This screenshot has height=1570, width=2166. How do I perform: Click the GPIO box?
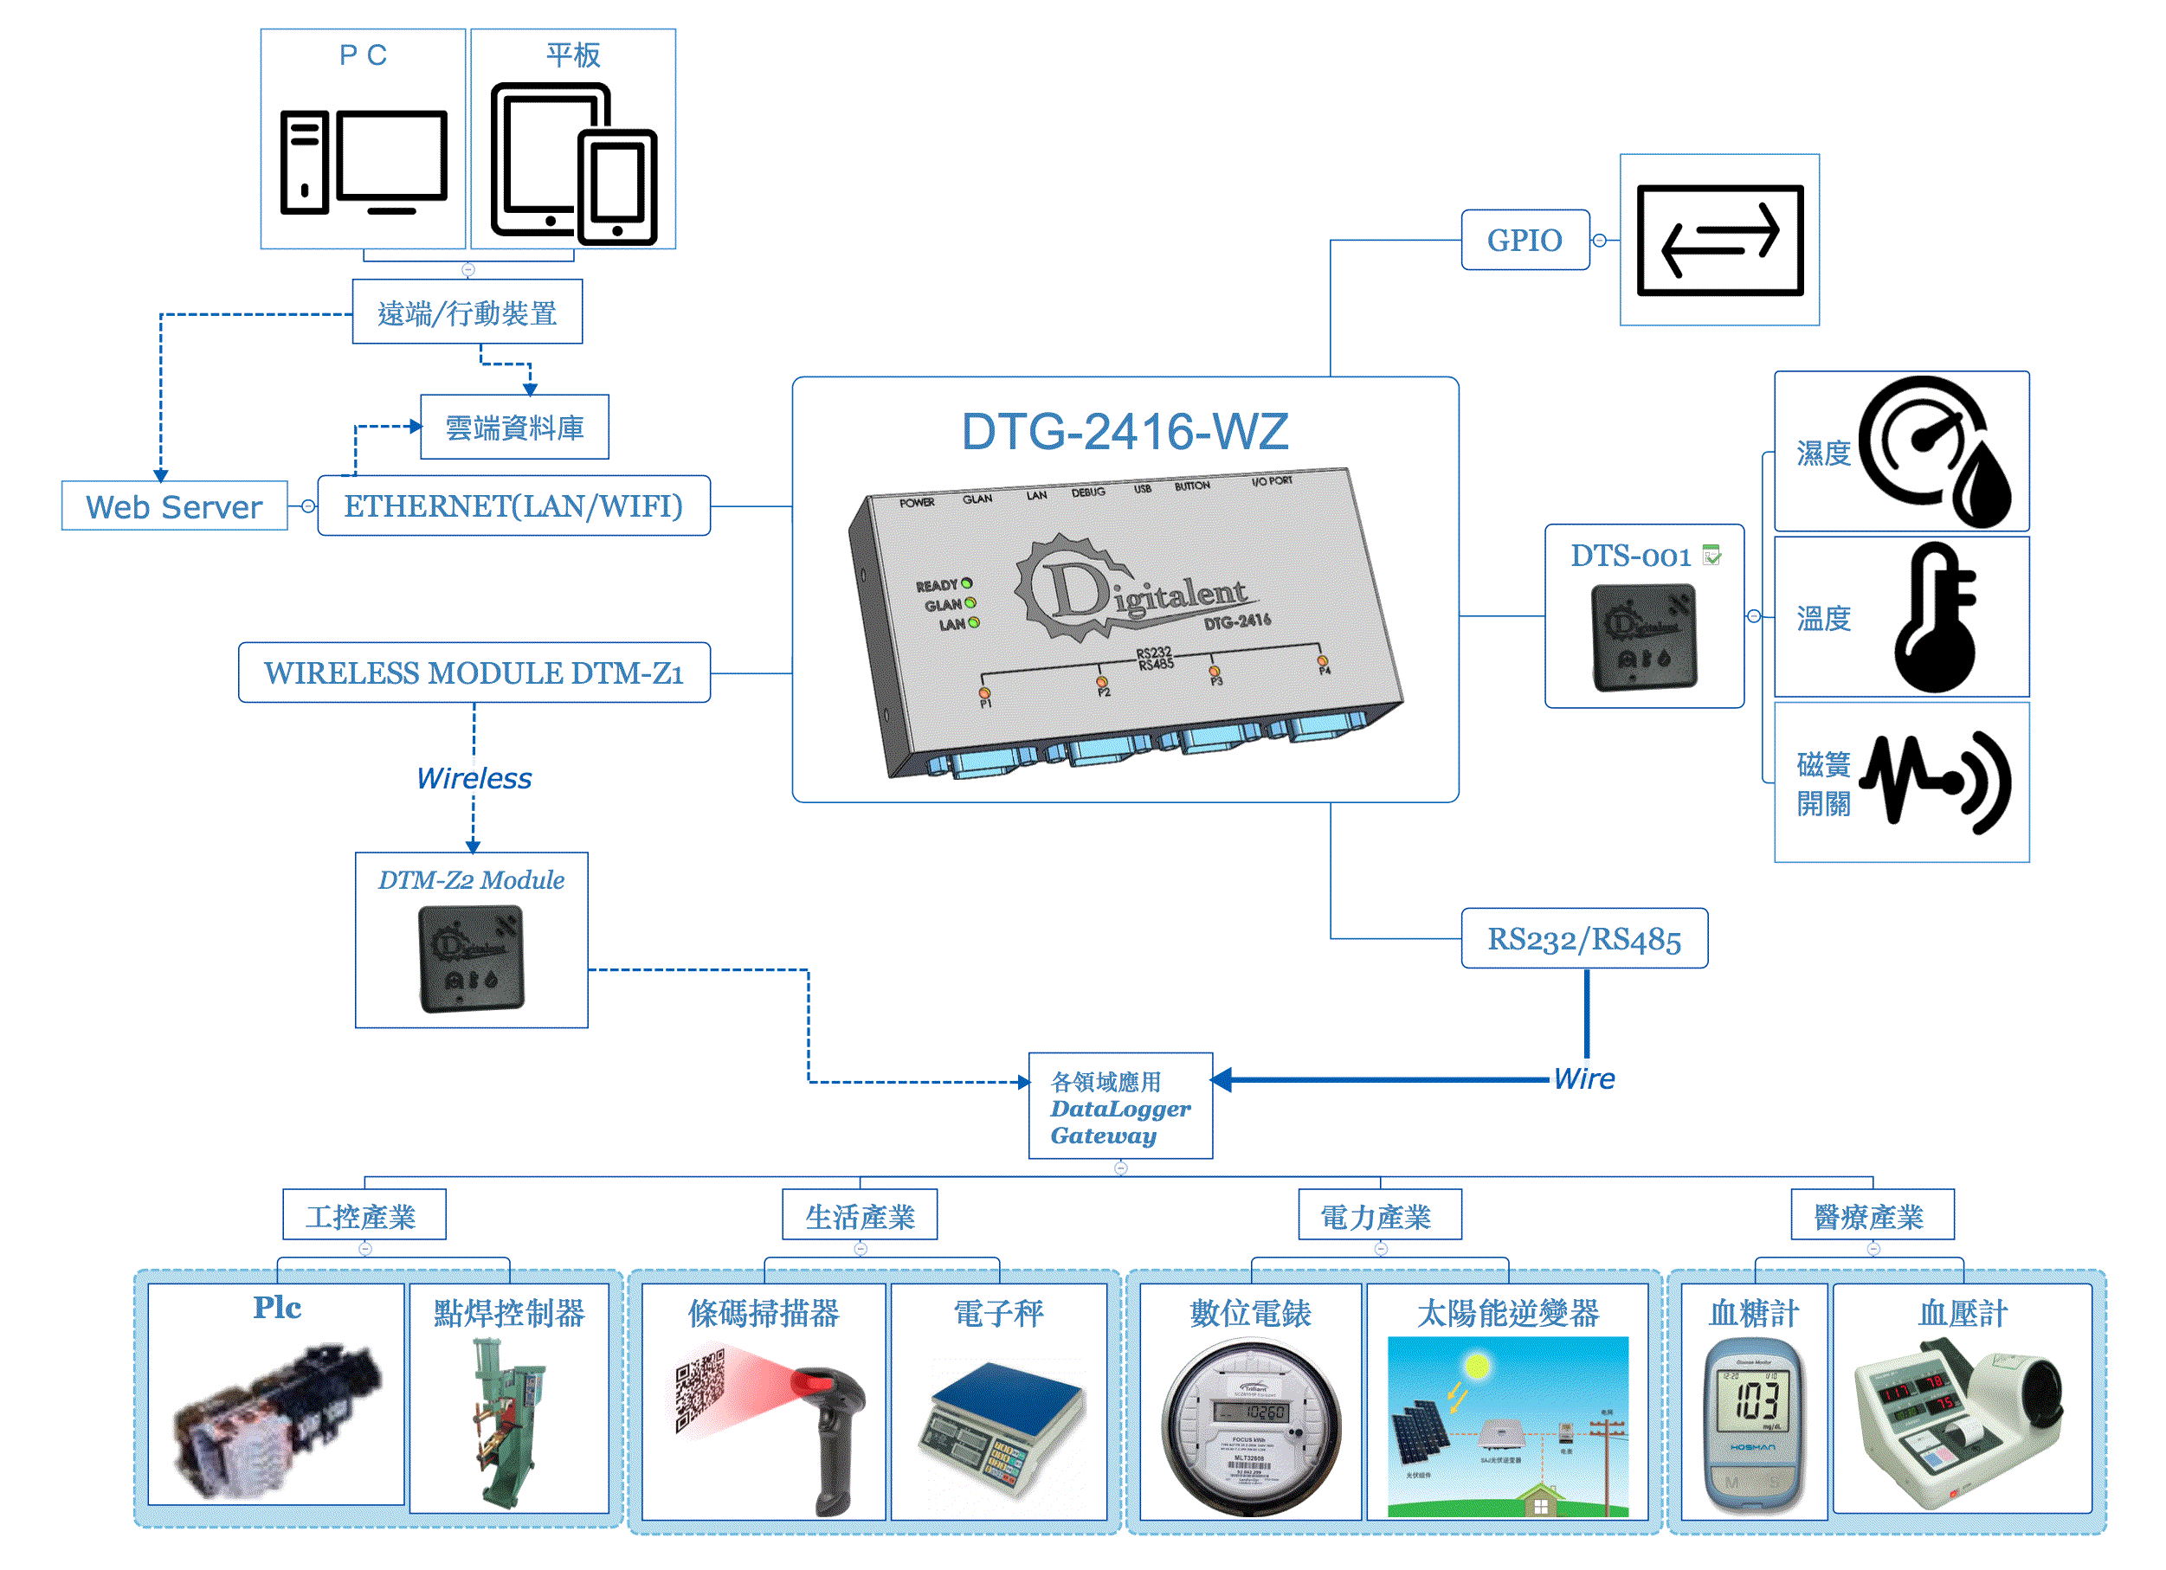[x=1525, y=240]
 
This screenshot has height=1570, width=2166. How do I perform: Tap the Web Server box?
[x=174, y=506]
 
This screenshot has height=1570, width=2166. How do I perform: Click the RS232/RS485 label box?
[x=1583, y=939]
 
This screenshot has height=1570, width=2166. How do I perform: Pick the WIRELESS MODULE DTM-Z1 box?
[x=474, y=672]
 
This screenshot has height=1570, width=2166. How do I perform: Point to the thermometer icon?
[x=1935, y=618]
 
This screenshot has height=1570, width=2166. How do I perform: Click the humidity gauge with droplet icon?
[x=1935, y=451]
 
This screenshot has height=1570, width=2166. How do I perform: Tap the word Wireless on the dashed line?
[x=474, y=778]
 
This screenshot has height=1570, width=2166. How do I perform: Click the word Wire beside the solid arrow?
[x=1584, y=1079]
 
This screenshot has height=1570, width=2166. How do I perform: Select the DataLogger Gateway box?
[x=1120, y=1107]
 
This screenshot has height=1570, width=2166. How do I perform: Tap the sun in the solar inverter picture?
[x=1477, y=1367]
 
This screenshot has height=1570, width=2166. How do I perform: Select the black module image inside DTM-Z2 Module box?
[x=471, y=958]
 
